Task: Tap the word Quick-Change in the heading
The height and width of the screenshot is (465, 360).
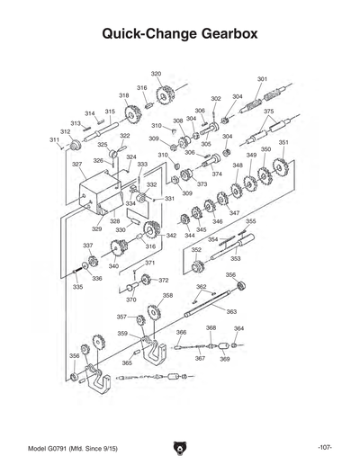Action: point(143,34)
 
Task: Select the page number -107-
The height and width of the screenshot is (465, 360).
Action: point(326,447)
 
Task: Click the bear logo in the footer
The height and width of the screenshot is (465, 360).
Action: point(180,447)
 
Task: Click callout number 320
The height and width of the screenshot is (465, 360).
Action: point(156,73)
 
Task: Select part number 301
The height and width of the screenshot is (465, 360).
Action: point(262,80)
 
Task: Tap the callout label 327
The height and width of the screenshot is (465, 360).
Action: point(78,165)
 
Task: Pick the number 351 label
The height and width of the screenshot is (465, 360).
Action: point(283,143)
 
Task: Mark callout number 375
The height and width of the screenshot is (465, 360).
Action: point(268,112)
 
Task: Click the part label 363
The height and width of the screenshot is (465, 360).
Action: point(231,312)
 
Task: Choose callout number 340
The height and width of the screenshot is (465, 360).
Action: point(113,266)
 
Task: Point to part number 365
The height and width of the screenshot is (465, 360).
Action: point(127,362)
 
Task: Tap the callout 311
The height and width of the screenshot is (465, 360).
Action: point(54,140)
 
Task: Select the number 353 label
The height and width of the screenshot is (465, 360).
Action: point(235,258)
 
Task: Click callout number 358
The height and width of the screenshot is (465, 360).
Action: point(167,295)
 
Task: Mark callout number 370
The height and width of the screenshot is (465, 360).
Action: point(131,300)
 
